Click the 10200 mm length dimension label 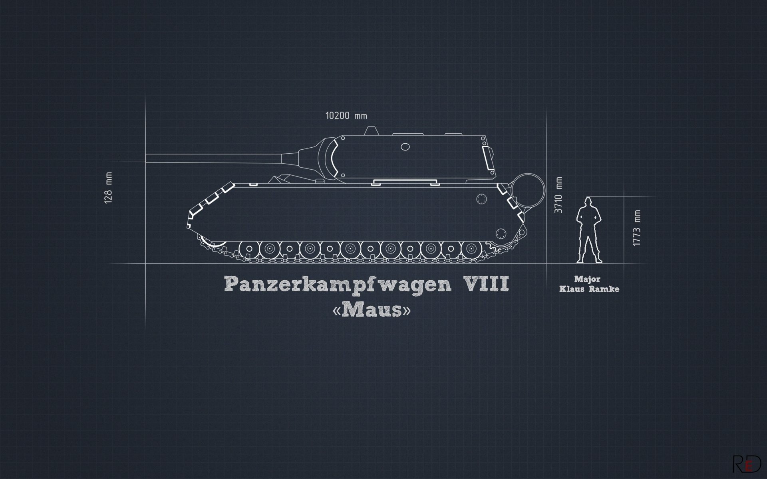(x=346, y=116)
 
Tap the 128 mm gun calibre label (x=108, y=188)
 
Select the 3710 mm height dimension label (x=558, y=194)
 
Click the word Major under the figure (x=587, y=279)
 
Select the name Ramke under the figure (x=604, y=289)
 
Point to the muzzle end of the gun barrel (x=148, y=158)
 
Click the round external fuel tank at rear (x=528, y=190)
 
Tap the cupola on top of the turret (x=372, y=130)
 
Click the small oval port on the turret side (x=405, y=147)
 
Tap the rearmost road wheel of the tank (x=470, y=249)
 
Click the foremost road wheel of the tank (x=249, y=249)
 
